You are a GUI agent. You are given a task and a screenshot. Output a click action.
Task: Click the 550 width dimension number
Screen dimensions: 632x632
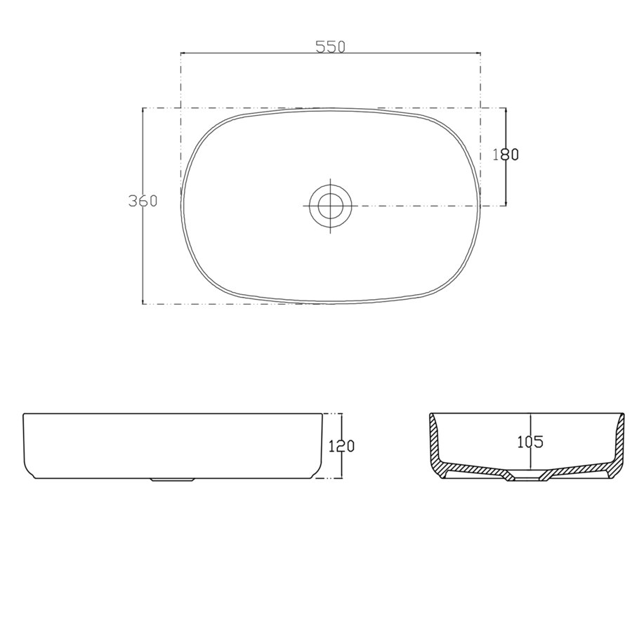tap(330, 47)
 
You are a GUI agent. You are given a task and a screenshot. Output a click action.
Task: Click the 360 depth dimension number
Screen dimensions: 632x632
tap(143, 201)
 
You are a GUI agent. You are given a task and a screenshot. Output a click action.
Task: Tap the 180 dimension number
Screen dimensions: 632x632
tap(506, 155)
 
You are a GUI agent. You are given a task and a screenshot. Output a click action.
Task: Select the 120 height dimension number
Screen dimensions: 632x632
tap(341, 445)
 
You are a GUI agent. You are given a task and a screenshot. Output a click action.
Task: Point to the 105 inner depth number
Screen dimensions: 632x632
tap(530, 442)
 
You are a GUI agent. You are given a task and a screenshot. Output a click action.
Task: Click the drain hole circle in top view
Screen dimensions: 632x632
tap(330, 205)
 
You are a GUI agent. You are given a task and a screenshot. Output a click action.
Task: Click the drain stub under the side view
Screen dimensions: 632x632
tap(172, 480)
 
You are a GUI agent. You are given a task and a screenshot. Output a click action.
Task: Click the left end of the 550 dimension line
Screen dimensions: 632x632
tap(181, 53)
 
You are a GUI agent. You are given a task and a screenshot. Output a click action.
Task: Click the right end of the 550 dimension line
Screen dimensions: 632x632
tap(480, 53)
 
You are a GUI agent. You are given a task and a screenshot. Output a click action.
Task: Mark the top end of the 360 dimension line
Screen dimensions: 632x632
tap(143, 108)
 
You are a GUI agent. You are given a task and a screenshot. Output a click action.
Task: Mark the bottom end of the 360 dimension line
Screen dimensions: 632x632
tap(143, 303)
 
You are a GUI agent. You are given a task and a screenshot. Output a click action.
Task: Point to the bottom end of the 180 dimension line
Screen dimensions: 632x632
tap(506, 205)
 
